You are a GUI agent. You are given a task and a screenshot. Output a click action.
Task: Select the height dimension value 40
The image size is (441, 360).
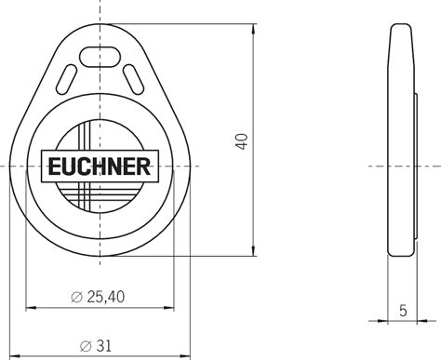[x=243, y=141]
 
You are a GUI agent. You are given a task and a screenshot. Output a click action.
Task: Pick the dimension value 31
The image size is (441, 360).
[x=104, y=345]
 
